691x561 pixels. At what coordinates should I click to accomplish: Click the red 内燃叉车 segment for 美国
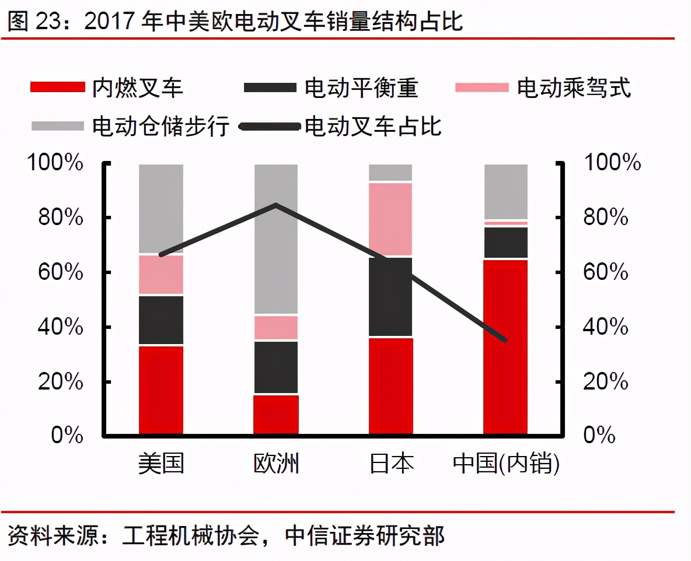[161, 390]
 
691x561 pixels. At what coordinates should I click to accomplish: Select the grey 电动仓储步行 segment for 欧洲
[275, 257]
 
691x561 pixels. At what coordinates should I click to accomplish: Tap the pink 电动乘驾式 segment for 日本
[390, 219]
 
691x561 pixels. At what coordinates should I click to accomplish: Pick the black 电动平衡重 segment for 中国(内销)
[505, 242]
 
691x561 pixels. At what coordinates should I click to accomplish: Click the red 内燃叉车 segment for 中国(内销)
[505, 346]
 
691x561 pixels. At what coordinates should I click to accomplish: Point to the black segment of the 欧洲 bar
[275, 367]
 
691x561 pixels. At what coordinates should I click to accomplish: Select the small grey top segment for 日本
[390, 173]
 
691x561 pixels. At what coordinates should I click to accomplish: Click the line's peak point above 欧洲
[275, 205]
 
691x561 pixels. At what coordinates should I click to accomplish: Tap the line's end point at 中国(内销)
[505, 340]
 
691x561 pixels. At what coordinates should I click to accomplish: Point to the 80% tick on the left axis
[55, 218]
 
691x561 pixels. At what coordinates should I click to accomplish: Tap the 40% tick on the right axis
[606, 327]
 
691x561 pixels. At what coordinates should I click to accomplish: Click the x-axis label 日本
[391, 464]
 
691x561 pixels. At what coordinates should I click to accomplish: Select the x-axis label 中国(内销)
[505, 464]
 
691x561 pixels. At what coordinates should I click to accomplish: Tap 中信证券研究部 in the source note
[365, 535]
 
